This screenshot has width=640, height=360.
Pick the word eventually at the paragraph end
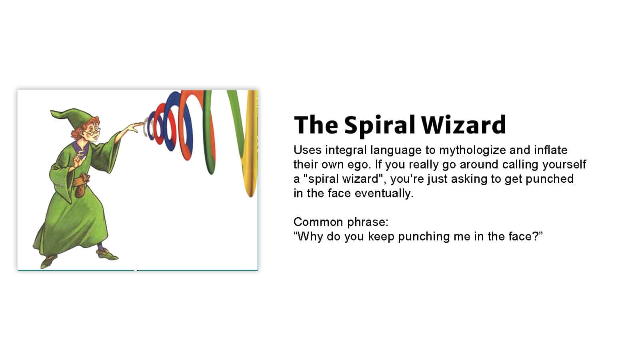[384, 194]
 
